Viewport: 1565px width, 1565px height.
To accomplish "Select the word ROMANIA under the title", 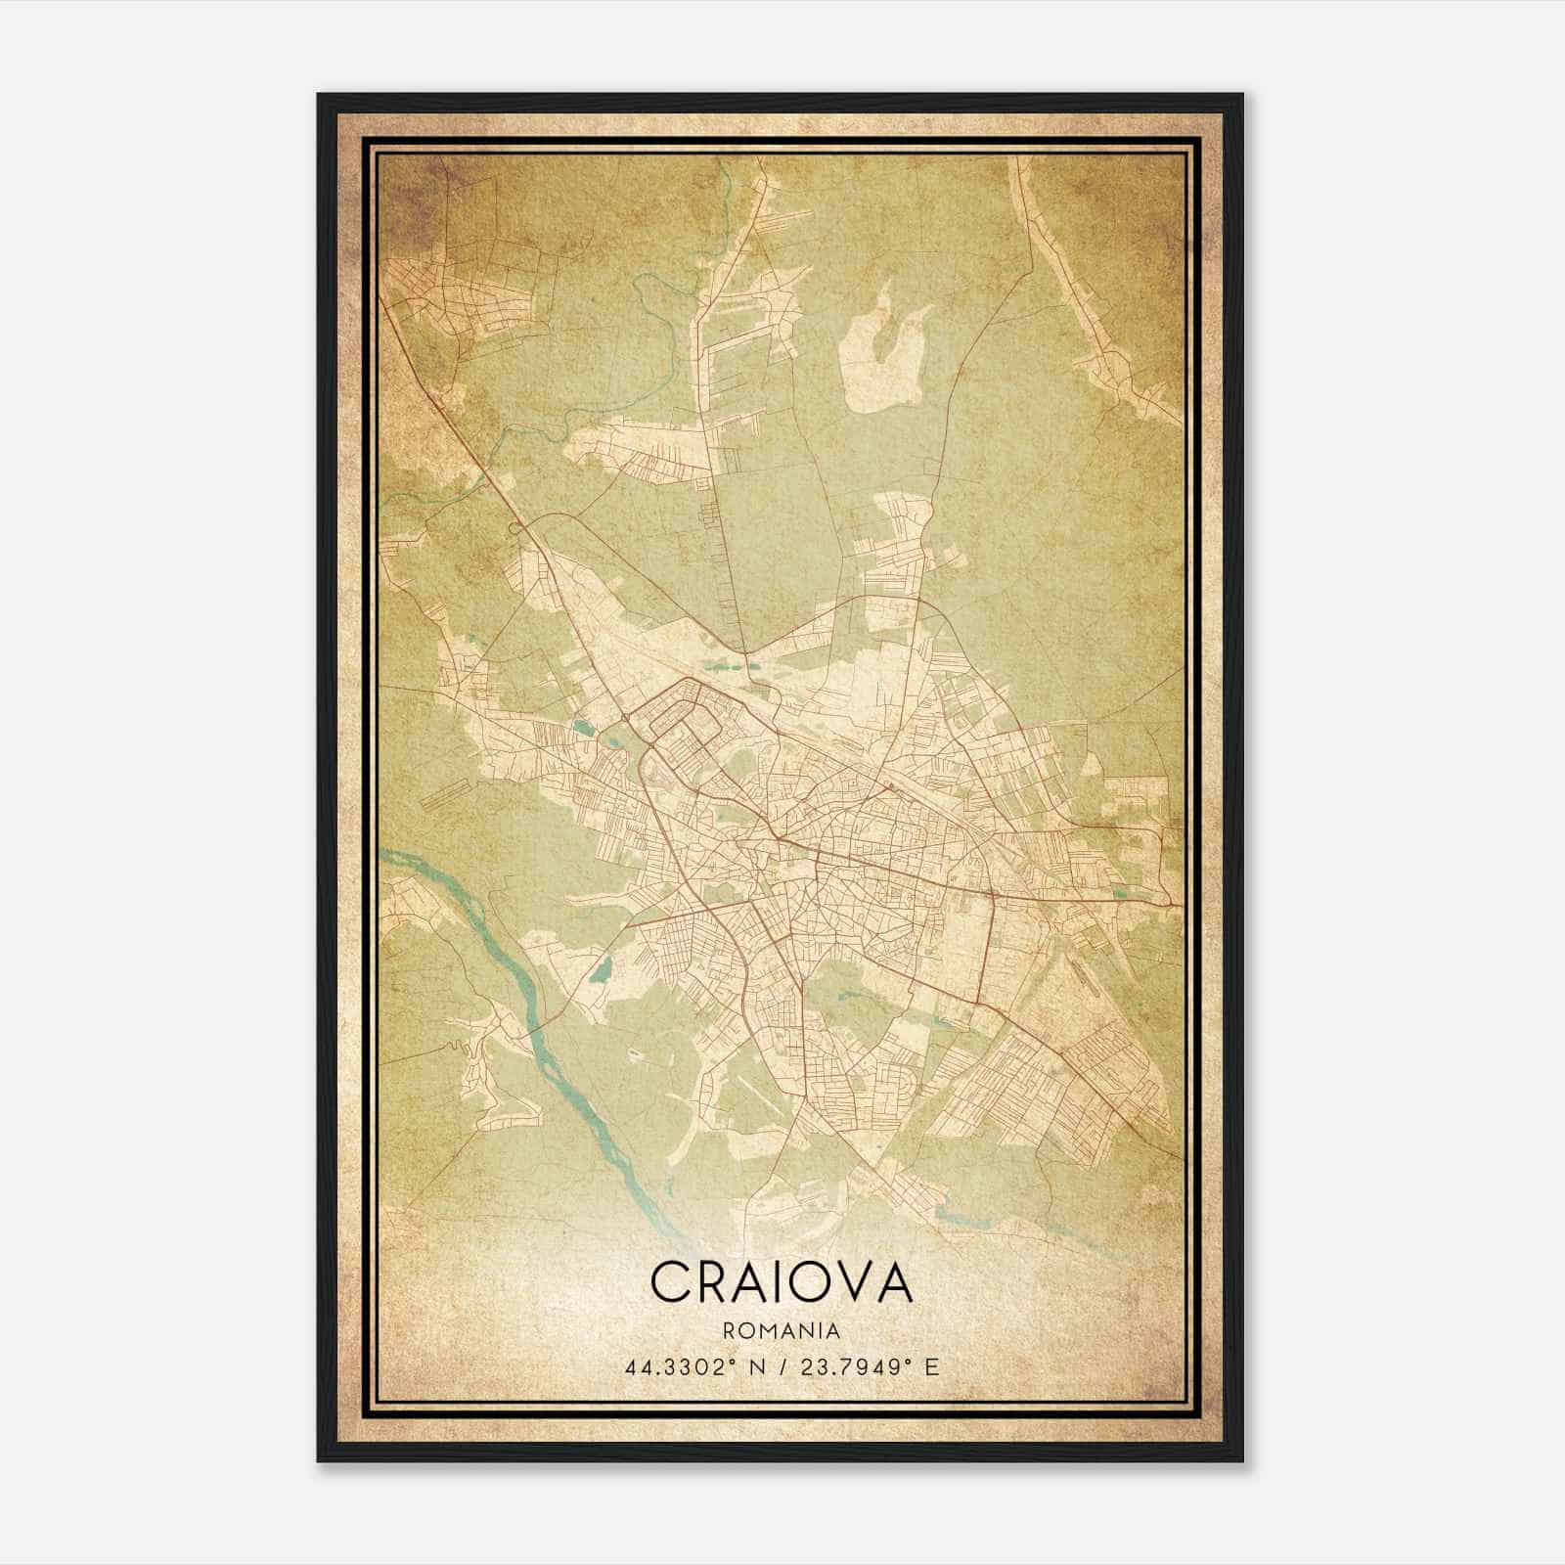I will pyautogui.click(x=781, y=1330).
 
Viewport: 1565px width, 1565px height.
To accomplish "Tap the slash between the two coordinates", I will pyautogui.click(x=782, y=1366).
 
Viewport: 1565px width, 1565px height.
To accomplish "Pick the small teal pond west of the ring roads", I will pyautogui.click(x=584, y=727).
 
